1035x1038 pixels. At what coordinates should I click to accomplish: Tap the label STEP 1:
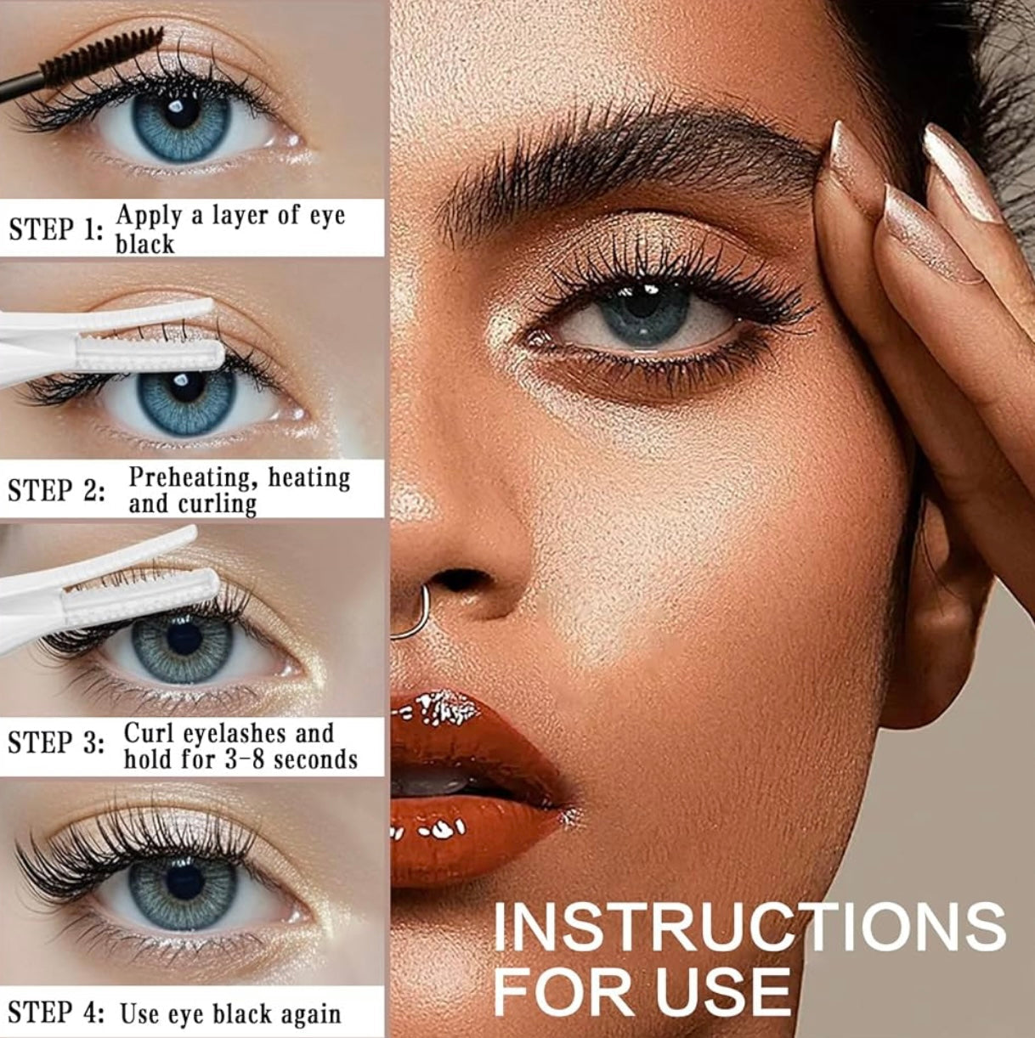pos(56,229)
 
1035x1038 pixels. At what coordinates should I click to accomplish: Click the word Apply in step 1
pos(149,215)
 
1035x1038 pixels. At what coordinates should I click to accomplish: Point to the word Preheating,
pos(194,477)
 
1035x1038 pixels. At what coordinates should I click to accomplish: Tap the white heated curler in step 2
pos(110,340)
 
